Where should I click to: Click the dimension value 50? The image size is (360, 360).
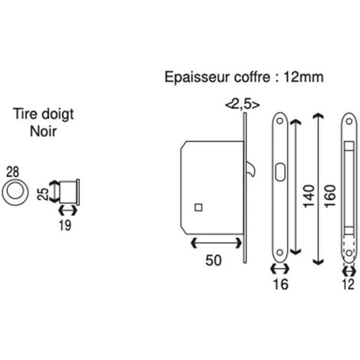click(214, 260)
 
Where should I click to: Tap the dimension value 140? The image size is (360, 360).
click(309, 196)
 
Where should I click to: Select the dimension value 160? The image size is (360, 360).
click(330, 196)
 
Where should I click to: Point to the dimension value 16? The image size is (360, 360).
click(280, 284)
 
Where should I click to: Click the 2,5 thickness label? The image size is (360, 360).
click(243, 104)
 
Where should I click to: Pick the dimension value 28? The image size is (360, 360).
click(13, 172)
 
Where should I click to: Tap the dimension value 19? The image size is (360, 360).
click(65, 225)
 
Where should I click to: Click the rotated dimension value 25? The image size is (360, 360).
click(43, 194)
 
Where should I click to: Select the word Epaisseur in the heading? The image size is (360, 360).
click(198, 77)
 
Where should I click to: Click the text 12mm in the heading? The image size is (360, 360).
click(303, 77)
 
